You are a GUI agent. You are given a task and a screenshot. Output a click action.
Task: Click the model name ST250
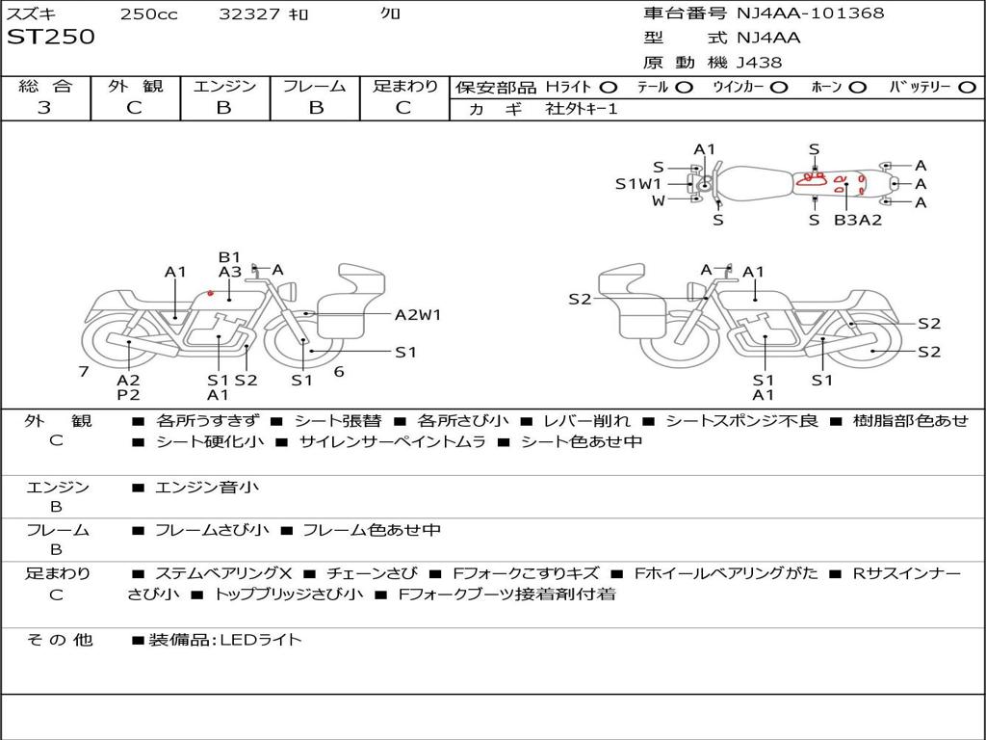[x=51, y=38]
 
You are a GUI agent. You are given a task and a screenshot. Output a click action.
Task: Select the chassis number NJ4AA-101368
[x=810, y=13]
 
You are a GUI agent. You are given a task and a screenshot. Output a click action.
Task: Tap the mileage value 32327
[x=249, y=14]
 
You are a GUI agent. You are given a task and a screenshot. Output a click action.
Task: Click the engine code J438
[x=759, y=63]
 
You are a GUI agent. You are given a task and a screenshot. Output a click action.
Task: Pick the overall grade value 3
[x=44, y=108]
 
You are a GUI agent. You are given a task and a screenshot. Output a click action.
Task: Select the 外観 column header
[x=135, y=87]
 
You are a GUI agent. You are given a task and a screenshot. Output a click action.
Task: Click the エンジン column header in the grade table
[x=224, y=87]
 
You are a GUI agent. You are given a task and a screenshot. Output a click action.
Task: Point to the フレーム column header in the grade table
[x=315, y=87]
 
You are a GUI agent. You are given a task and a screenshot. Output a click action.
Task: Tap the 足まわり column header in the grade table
[x=404, y=87]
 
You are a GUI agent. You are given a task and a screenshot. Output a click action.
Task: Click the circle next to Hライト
[x=609, y=87]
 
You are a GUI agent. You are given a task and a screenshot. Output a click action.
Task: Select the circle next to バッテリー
[x=967, y=87]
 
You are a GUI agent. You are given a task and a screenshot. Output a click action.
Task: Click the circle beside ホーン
[x=857, y=87]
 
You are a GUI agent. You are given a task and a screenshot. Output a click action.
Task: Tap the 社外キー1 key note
[x=582, y=109]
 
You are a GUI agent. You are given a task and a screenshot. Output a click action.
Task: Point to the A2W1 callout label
[x=418, y=314]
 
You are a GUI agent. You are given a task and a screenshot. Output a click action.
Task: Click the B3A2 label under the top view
[x=858, y=220]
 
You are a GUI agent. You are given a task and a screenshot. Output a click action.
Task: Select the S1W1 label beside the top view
[x=638, y=183]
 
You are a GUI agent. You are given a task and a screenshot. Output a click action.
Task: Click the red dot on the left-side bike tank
[x=211, y=293]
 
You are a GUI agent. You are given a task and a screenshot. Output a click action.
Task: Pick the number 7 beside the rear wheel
[x=84, y=371]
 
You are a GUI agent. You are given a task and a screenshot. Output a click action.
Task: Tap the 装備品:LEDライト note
[x=224, y=640]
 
